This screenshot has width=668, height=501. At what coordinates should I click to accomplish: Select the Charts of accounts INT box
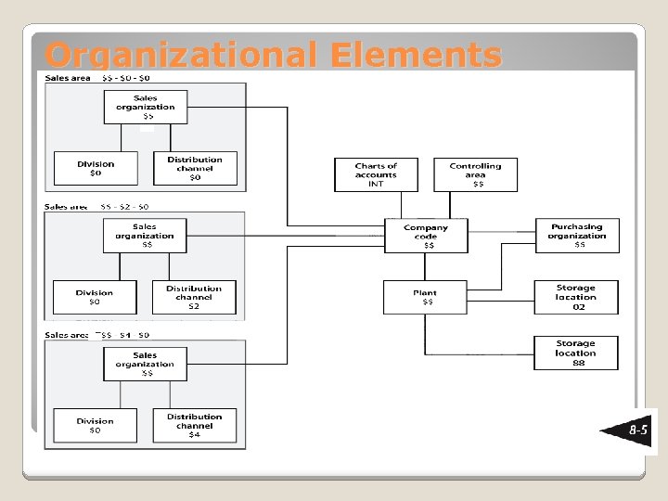[x=376, y=174]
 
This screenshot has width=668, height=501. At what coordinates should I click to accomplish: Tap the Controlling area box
[x=475, y=174]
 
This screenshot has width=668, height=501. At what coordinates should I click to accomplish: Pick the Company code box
[x=426, y=236]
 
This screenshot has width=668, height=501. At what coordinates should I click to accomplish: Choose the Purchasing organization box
[x=577, y=236]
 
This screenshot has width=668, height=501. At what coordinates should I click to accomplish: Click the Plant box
[x=426, y=297]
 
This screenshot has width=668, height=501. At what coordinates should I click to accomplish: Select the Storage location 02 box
[x=576, y=297]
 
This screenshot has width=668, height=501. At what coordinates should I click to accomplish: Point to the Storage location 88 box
[x=576, y=353]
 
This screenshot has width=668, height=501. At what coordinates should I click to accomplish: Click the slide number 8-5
[x=638, y=431]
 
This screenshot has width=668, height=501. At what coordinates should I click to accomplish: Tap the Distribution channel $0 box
[x=195, y=168]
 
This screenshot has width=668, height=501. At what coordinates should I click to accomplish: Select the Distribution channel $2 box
[x=194, y=297]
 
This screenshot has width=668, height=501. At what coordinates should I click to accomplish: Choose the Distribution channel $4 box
[x=194, y=426]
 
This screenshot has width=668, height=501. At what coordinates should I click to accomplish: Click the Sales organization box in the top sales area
[x=146, y=107]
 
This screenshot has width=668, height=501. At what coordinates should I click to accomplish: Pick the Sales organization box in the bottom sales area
[x=145, y=364]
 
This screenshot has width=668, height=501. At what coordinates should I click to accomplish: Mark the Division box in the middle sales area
[x=95, y=297]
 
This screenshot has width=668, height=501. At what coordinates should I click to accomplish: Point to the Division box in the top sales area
[x=96, y=168]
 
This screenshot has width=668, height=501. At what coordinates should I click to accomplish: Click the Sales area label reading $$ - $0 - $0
[x=97, y=78]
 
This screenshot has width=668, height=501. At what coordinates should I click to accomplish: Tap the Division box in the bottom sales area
[x=95, y=426]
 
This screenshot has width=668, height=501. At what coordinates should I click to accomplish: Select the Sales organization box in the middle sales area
[x=145, y=236]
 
